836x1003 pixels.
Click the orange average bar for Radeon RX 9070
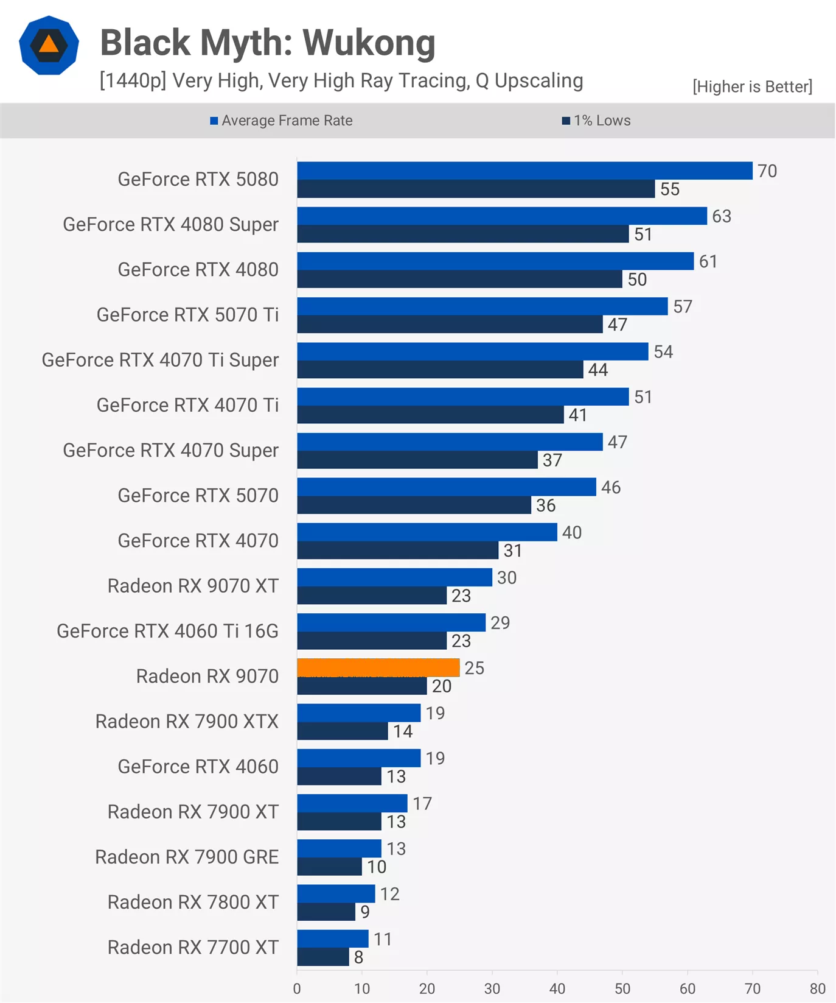378,667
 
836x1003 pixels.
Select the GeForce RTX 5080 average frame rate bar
524,171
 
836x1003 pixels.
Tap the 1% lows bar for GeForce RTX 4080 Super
462,234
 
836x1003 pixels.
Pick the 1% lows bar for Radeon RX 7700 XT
323,957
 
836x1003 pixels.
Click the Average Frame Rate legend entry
281,121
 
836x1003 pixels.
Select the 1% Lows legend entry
596,121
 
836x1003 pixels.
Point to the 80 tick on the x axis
817,988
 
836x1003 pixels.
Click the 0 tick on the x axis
297,988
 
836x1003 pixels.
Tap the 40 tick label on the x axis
557,988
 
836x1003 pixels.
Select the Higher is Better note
752,86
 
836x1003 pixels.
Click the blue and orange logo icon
49,45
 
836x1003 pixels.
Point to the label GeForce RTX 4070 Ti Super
160,360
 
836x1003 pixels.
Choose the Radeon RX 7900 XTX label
187,721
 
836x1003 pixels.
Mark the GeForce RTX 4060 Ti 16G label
167,631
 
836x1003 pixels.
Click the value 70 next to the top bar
767,171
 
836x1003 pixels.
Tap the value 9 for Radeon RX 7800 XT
365,912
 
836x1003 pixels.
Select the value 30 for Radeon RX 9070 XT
507,577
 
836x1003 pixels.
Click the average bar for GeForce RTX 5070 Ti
482,306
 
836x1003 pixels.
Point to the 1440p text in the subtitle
133,80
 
